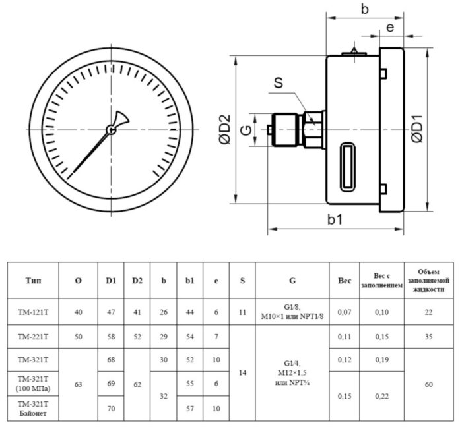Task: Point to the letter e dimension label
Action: coord(390,28)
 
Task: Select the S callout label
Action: coord(279,83)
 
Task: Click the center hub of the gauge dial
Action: coord(112,130)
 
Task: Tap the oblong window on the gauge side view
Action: coord(348,167)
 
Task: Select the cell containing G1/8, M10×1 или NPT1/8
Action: coord(292,312)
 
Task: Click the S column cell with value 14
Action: coord(242,372)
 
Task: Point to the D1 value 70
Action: coord(111,408)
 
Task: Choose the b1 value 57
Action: coord(190,408)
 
